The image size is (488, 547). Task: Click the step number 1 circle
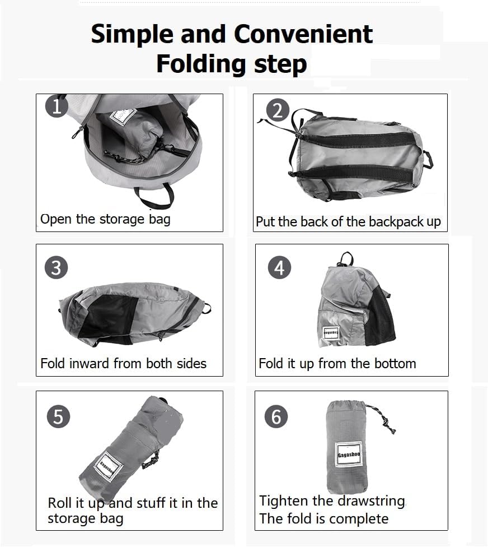click(x=57, y=106)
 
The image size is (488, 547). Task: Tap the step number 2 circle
click(x=278, y=110)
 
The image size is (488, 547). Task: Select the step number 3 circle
click(x=56, y=267)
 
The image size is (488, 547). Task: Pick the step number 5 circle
click(x=58, y=416)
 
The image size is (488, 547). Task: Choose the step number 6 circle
click(x=276, y=416)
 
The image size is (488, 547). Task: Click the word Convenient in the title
click(x=303, y=34)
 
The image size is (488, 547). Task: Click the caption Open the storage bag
click(x=105, y=220)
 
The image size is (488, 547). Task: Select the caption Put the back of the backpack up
click(x=348, y=222)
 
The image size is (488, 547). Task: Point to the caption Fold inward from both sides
click(x=123, y=364)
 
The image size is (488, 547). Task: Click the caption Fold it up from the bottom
click(x=337, y=364)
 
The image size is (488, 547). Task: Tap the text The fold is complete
click(x=323, y=519)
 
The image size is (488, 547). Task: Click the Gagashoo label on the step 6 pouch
click(x=349, y=455)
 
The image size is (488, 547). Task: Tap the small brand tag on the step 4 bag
click(x=331, y=332)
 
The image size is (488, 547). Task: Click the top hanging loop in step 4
click(x=345, y=259)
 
